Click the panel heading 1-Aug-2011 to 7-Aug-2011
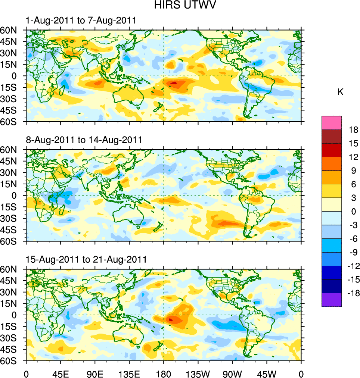(x=81, y=20)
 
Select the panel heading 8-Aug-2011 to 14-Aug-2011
(x=84, y=140)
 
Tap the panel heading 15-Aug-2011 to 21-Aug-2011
(x=86, y=259)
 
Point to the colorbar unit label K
(x=340, y=92)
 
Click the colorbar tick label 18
(x=353, y=130)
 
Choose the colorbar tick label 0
(x=353, y=212)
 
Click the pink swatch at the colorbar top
(x=331, y=122)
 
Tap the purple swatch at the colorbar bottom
(x=331, y=300)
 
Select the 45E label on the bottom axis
(x=60, y=373)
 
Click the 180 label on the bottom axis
(x=164, y=373)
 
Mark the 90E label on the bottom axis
(x=95, y=373)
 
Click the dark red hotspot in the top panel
(x=174, y=83)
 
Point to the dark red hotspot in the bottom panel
(x=171, y=319)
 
